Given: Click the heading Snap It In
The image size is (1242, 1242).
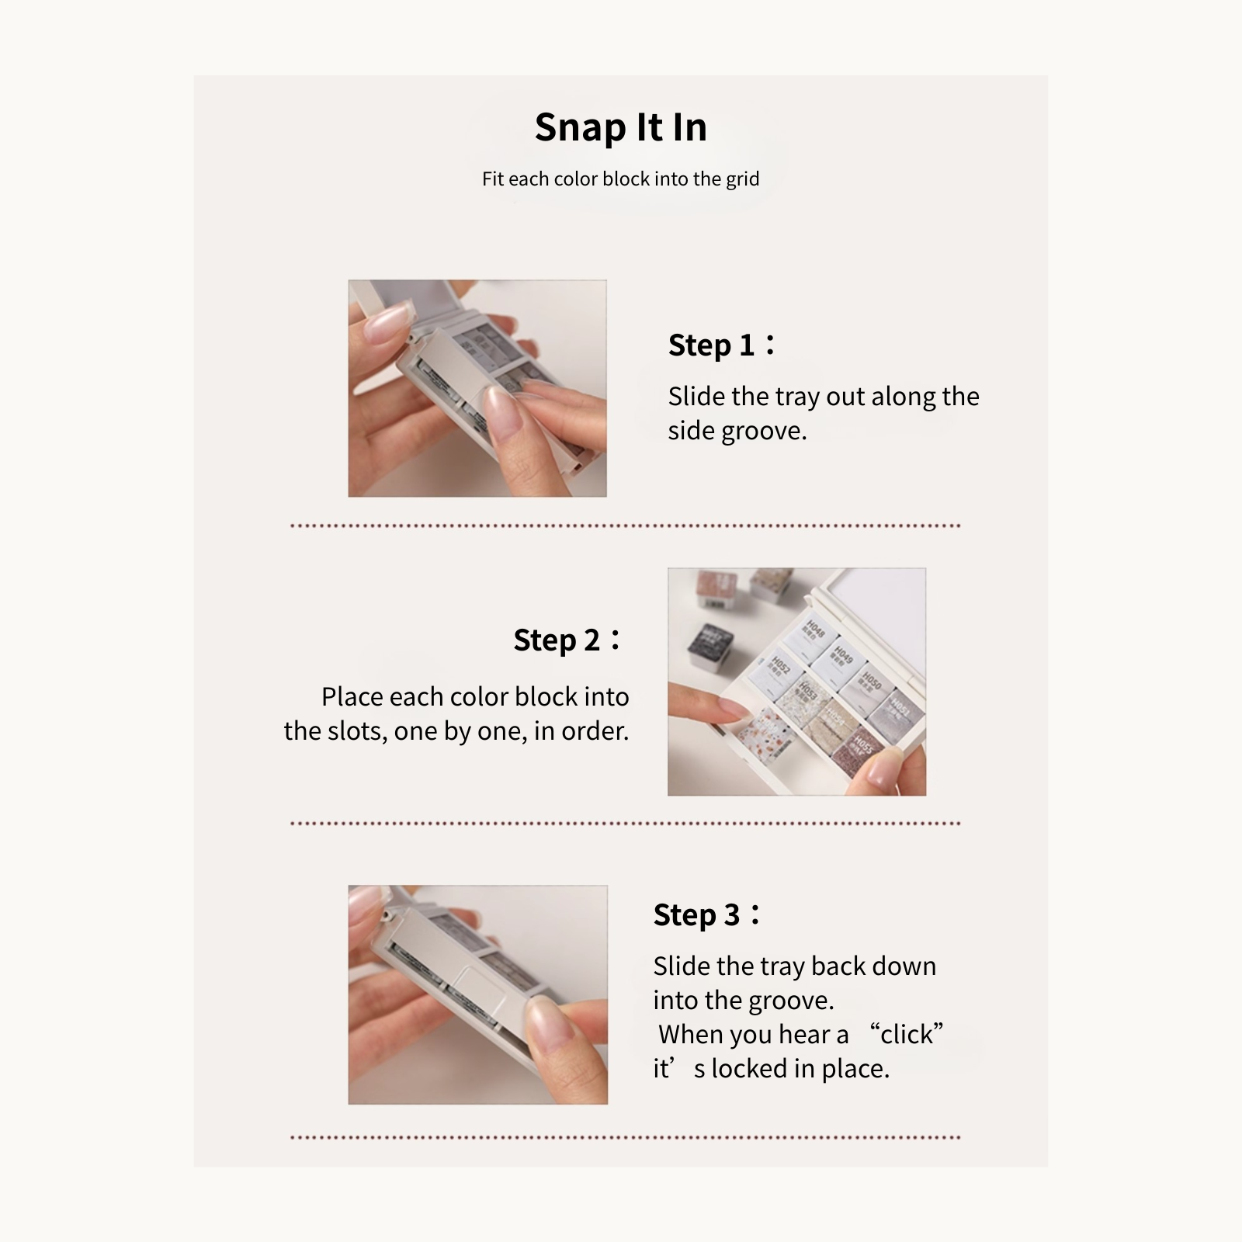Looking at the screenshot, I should (620, 127).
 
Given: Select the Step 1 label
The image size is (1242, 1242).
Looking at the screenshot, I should (711, 345).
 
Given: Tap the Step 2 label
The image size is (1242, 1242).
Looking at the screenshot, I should (557, 640).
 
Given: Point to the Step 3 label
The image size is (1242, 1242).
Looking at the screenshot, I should (696, 915).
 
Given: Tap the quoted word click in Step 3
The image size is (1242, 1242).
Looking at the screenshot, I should (906, 1035).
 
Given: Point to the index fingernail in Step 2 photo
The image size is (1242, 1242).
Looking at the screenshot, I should (733, 707).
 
